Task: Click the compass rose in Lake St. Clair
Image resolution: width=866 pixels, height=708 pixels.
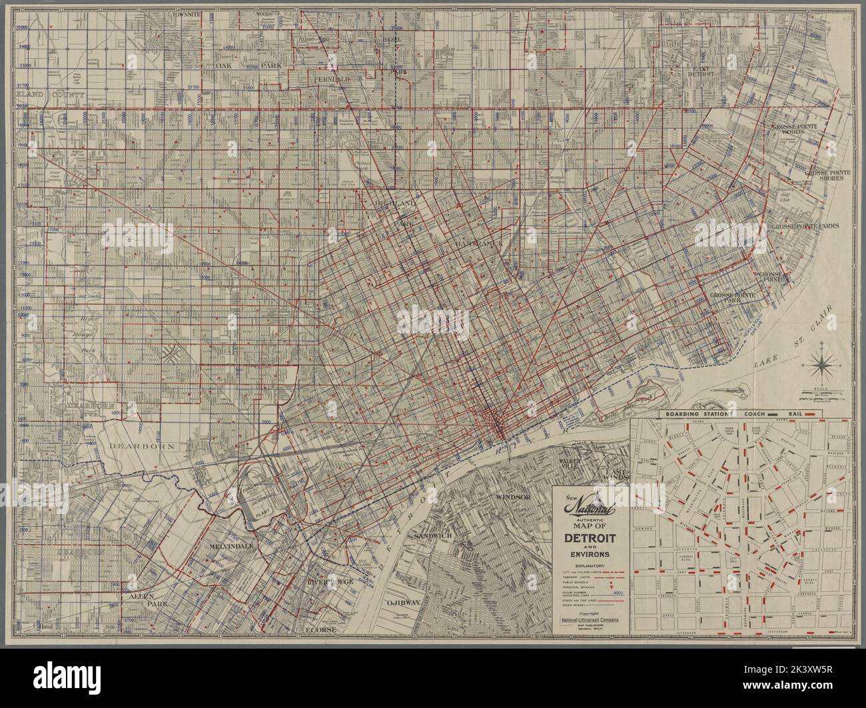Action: pos(825,366)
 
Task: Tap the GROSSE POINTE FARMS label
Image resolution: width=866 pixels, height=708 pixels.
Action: pos(804,226)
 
